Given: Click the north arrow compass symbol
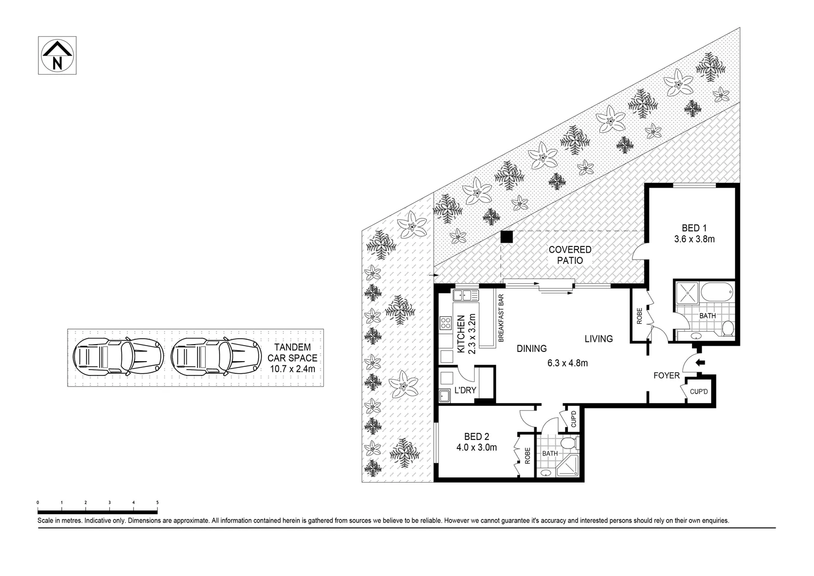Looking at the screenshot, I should point(58,56).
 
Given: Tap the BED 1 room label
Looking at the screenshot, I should point(694,228).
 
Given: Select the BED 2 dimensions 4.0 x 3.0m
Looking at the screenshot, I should point(476,447).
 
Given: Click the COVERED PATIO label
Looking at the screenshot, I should point(569,255).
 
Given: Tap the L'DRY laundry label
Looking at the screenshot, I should point(465,390).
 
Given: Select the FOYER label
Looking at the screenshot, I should point(666,375).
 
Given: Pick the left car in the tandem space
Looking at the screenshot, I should point(118,356).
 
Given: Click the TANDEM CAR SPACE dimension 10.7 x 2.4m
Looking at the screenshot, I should point(292,369).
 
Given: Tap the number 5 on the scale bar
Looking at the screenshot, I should point(157,502).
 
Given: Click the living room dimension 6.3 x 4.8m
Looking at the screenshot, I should point(567,363).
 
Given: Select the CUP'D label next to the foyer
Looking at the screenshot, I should point(698,392).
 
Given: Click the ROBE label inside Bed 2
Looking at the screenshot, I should point(527,455).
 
